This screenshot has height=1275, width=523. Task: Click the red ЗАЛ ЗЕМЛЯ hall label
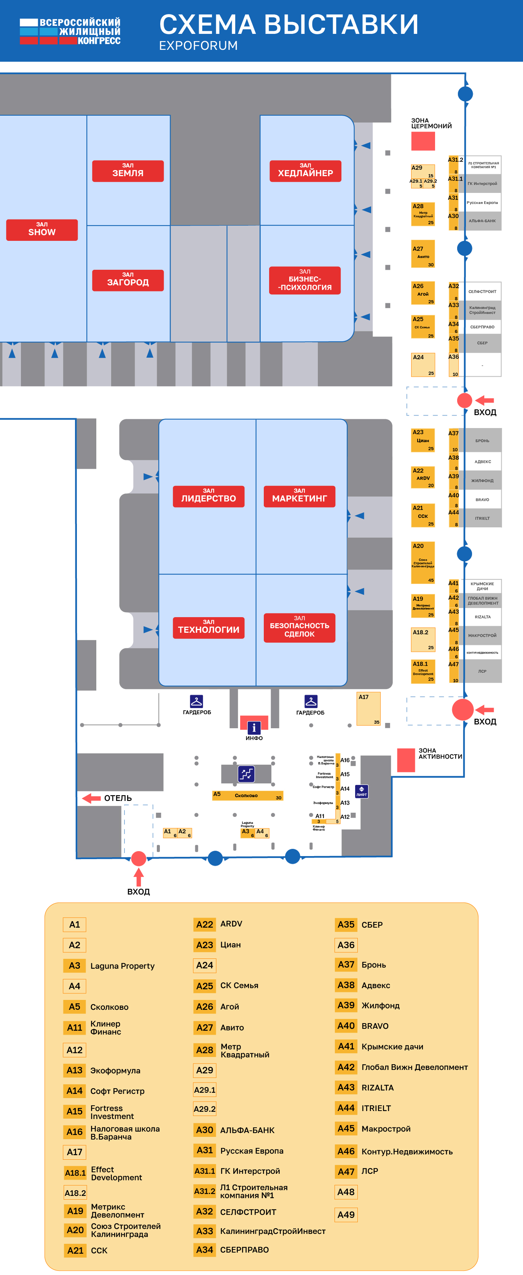(x=128, y=171)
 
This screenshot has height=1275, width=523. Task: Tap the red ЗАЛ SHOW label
(x=42, y=230)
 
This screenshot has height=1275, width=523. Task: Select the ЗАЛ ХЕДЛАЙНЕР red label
(x=305, y=171)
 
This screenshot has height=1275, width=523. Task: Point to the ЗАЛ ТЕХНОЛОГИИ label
(x=209, y=627)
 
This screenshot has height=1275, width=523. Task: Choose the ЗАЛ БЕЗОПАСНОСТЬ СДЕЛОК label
(x=299, y=627)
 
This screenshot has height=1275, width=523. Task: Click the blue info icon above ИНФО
(x=254, y=727)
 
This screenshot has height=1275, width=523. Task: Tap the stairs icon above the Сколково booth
(x=246, y=774)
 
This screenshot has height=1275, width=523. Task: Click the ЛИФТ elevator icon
(x=362, y=791)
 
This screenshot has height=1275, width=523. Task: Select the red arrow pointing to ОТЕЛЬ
(x=91, y=798)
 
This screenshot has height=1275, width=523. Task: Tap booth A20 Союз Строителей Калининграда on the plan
(x=423, y=563)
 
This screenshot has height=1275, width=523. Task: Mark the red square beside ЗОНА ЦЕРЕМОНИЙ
(x=423, y=141)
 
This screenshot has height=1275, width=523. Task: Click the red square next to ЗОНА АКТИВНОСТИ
(x=406, y=760)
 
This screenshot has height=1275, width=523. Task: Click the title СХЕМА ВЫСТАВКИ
(x=289, y=25)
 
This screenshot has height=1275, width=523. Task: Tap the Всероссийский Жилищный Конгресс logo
(x=70, y=31)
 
